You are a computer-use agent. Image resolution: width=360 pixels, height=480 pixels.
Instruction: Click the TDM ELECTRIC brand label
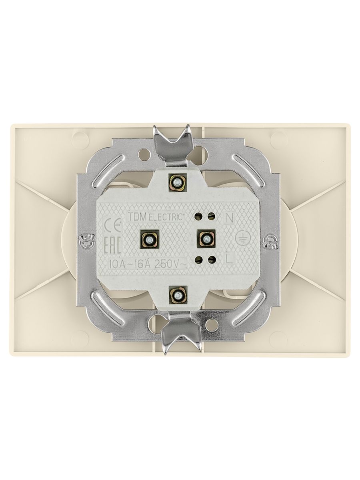point(155,217)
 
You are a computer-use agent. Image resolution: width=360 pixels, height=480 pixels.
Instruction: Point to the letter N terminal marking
point(229,218)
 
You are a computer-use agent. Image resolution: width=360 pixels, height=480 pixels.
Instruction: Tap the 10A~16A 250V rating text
point(148,264)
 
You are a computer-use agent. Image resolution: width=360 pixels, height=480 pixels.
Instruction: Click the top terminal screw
point(178,182)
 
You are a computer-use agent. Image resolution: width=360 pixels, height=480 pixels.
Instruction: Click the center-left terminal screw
point(149,238)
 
